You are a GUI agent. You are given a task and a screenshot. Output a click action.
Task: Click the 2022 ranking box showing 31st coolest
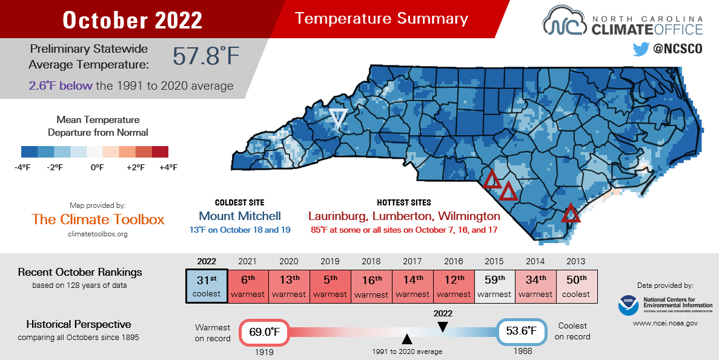pos(207,286)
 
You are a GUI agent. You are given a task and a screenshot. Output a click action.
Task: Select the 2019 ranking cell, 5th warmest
pos(330,286)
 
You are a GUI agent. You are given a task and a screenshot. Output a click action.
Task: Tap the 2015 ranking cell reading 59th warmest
pos(494,286)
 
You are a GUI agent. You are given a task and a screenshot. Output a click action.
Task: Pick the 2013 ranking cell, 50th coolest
pos(576,286)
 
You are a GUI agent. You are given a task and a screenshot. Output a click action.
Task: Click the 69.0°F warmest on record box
pos(266,332)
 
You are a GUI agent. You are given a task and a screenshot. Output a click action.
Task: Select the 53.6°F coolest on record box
pos(522,332)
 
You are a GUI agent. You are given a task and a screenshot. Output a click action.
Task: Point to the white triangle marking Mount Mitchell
pos(337,118)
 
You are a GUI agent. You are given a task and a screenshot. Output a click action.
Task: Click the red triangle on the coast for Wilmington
pos(571,214)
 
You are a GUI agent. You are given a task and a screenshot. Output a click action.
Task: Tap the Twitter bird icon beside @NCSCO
pos(641,49)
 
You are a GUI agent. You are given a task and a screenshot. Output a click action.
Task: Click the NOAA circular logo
pos(628,305)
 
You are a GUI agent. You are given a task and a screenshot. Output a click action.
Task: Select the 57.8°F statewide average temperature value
pos(206,56)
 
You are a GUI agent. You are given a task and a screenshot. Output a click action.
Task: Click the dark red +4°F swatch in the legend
pos(160,152)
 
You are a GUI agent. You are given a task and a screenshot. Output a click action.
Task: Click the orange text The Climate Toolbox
pos(98,219)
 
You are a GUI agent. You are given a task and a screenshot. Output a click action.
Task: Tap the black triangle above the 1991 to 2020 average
pos(407,339)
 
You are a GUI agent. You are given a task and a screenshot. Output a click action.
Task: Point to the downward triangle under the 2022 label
pos(443,327)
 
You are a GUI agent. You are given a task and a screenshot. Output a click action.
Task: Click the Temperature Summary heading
pos(382,19)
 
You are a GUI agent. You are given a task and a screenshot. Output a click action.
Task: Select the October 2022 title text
pos(132,19)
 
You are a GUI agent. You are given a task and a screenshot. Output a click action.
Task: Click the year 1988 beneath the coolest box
pos(522,352)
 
